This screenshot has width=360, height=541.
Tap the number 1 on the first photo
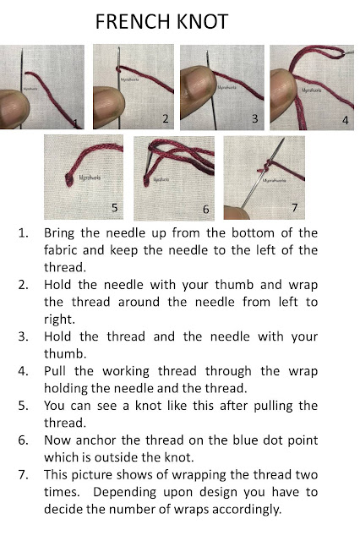point(76,123)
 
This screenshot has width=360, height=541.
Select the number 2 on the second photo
point(165,118)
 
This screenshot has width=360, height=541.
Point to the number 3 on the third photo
point(254,118)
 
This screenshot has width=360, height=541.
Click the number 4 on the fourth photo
point(345,120)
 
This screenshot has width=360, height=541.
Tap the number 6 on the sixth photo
point(205,208)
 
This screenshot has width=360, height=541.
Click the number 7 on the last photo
point(293,205)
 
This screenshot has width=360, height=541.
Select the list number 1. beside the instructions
point(25,232)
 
